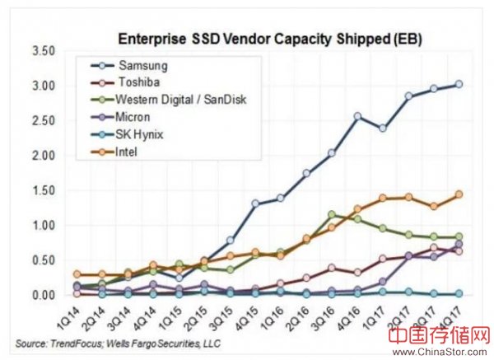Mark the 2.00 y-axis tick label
[x=44, y=155]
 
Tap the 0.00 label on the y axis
[x=44, y=294]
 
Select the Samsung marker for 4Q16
[x=357, y=117]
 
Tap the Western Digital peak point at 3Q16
[x=332, y=214]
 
